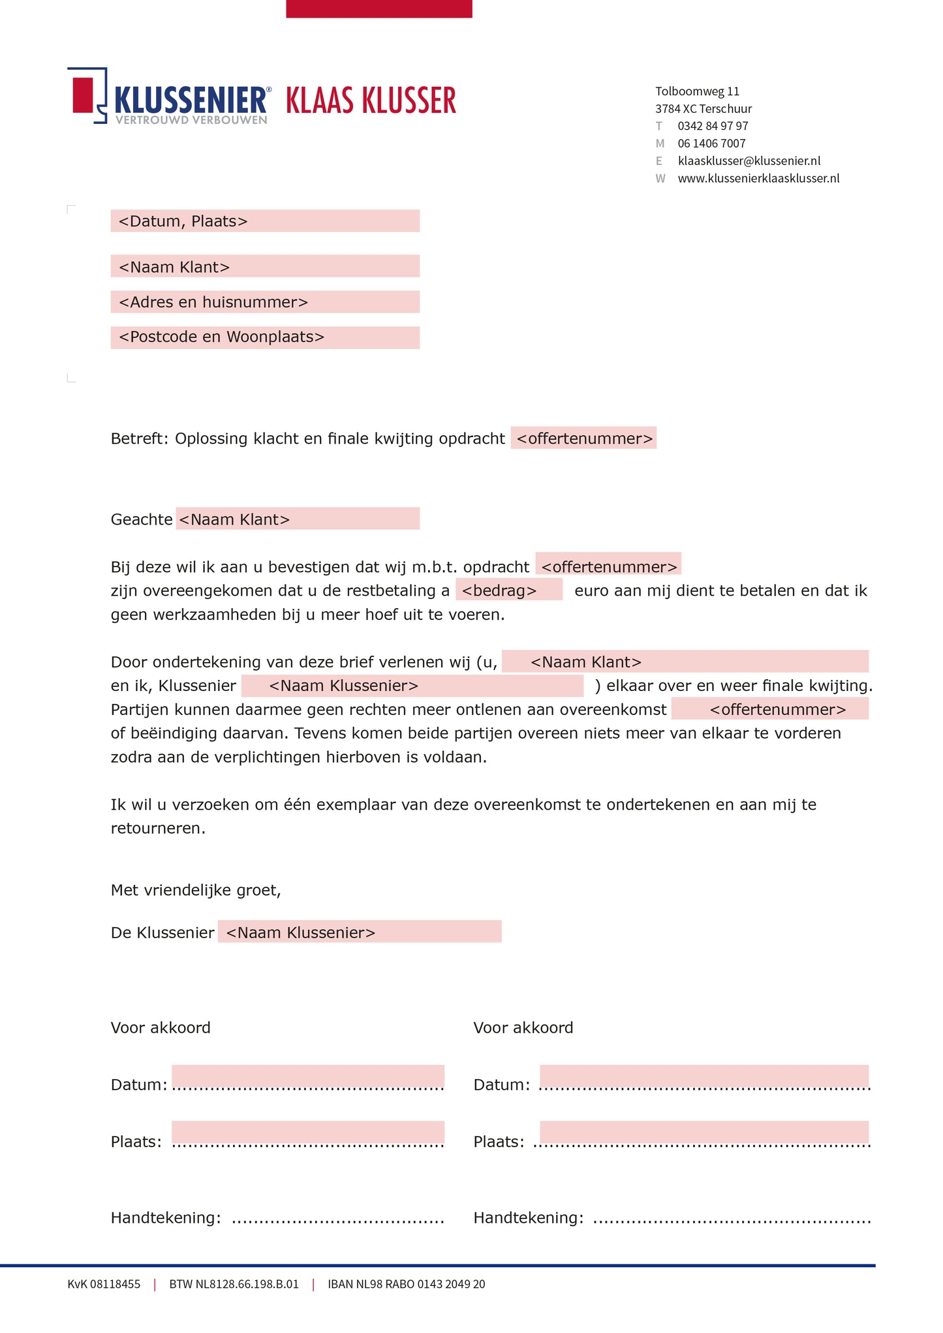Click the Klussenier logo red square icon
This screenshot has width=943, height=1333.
click(x=83, y=95)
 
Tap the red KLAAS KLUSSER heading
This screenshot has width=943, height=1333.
click(x=371, y=101)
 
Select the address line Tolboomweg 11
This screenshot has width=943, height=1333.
click(x=697, y=91)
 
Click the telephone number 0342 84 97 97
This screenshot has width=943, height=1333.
click(x=713, y=126)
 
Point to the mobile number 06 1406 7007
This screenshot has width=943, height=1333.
click(x=711, y=144)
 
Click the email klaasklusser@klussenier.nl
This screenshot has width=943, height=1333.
click(x=749, y=161)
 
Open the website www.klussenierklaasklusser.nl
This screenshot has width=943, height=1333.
click(x=758, y=178)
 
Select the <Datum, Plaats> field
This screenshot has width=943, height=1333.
click(x=264, y=221)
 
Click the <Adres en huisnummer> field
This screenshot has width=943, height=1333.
click(x=264, y=302)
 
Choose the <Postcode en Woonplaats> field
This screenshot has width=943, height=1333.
click(x=264, y=337)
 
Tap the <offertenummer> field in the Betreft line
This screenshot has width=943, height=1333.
click(x=583, y=438)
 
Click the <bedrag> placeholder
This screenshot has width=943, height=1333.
click(x=508, y=590)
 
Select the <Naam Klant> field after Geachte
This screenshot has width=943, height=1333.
click(x=297, y=519)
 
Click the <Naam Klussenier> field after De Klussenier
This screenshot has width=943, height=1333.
click(x=359, y=932)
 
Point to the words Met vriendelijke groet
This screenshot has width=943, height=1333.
click(x=196, y=890)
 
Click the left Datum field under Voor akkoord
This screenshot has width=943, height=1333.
click(x=307, y=1078)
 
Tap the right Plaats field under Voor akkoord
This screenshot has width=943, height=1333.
click(x=703, y=1134)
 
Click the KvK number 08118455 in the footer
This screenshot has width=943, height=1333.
click(x=104, y=1284)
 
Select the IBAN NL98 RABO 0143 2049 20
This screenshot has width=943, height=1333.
click(x=406, y=1284)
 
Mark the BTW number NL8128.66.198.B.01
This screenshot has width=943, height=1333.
click(x=234, y=1284)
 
